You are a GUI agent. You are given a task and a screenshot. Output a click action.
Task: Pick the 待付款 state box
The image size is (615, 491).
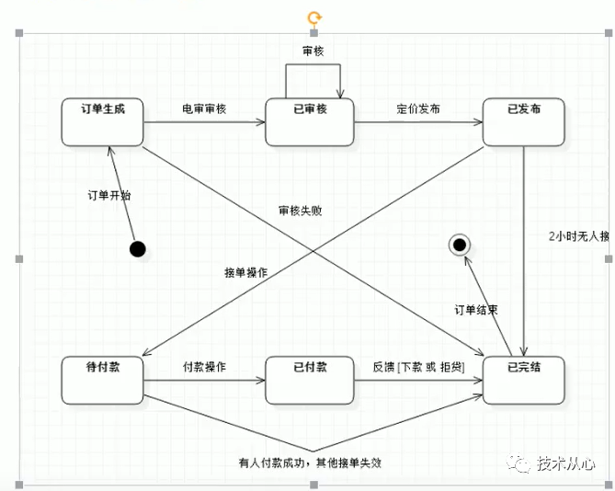(x=103, y=379)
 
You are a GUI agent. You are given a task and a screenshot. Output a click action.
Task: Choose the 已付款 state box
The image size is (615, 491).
(x=309, y=379)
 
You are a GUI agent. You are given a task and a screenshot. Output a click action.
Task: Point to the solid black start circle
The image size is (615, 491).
(x=138, y=248)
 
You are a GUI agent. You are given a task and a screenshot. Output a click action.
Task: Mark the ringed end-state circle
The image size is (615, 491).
(x=459, y=245)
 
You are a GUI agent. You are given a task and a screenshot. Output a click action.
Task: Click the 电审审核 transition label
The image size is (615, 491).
(x=204, y=108)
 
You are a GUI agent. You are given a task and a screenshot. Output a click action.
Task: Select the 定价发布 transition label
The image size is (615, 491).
(x=418, y=108)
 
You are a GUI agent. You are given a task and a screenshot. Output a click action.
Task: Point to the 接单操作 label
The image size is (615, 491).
(x=245, y=272)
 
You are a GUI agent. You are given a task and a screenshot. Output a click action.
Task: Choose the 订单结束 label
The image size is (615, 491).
(x=476, y=310)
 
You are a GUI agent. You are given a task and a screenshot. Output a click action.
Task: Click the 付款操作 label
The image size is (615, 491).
(x=204, y=367)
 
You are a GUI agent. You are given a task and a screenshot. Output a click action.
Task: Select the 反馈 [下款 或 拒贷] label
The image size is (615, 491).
(x=418, y=367)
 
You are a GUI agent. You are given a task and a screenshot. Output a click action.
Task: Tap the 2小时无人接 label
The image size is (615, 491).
(x=578, y=235)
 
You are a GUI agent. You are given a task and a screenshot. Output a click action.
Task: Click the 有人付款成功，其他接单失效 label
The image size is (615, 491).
(x=309, y=462)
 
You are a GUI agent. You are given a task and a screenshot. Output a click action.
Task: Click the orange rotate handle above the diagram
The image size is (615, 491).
(x=314, y=17)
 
